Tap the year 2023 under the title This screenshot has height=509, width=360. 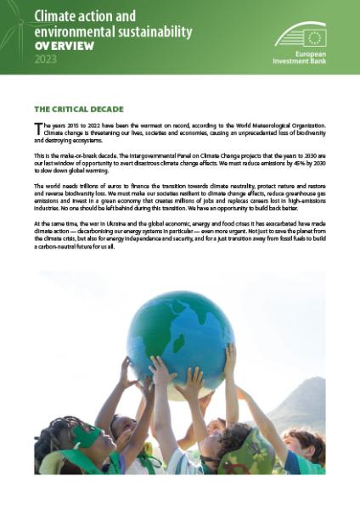click(x=48, y=60)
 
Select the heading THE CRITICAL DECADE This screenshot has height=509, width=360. click(x=79, y=109)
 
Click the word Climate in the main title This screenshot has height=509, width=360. click(x=56, y=14)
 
